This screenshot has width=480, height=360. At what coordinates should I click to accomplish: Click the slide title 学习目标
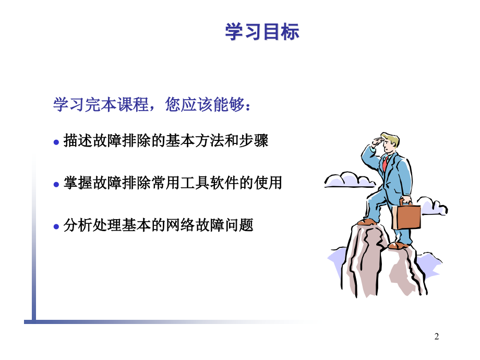point(262,31)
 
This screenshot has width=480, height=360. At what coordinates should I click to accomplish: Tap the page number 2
point(437,337)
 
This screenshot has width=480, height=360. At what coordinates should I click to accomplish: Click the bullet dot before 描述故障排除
point(56,142)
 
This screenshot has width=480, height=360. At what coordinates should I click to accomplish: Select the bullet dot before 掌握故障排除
point(56,184)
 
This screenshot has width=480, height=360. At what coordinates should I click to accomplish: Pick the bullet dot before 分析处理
point(56,226)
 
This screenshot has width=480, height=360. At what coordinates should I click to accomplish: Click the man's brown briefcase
point(406,215)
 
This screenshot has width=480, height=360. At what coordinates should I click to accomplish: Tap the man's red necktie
point(385,163)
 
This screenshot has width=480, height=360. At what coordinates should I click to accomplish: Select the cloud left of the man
point(349,179)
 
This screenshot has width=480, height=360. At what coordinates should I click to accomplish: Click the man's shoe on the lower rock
point(399,245)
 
